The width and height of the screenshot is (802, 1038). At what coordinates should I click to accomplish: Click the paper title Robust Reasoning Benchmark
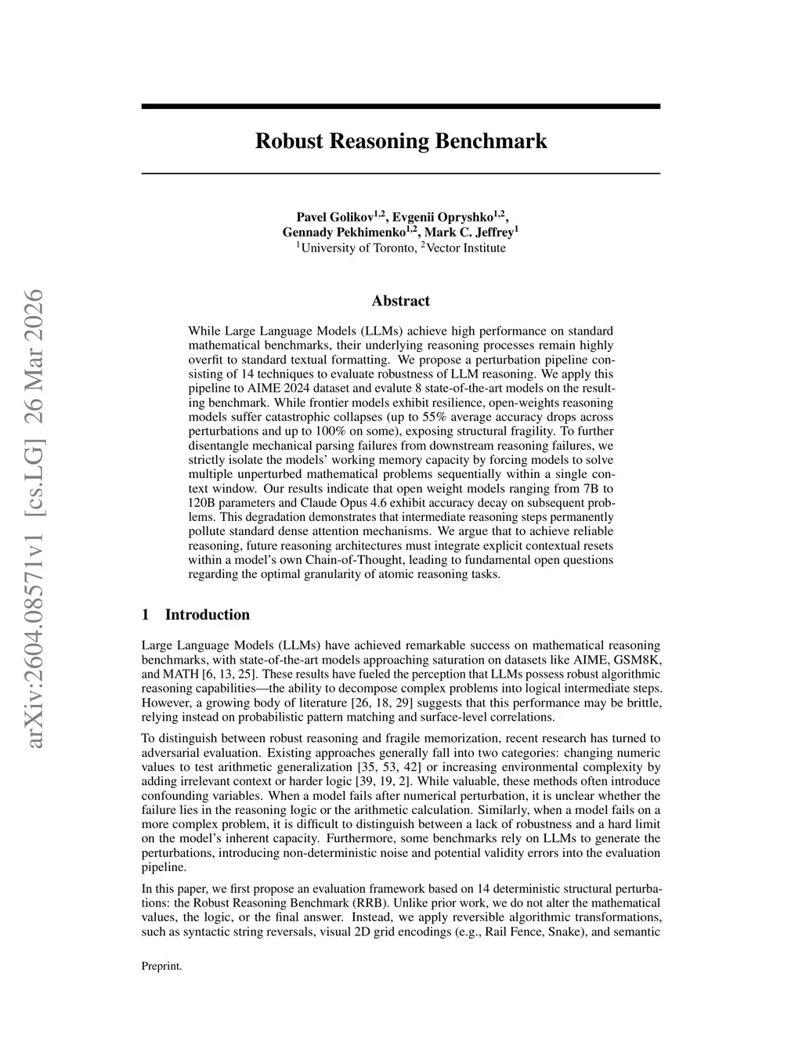click(x=400, y=142)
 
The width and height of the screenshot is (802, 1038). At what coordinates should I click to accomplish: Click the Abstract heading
click(x=400, y=301)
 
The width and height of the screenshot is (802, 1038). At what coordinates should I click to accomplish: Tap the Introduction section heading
click(x=207, y=615)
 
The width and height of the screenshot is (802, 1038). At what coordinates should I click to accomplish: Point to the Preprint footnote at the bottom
click(x=161, y=967)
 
